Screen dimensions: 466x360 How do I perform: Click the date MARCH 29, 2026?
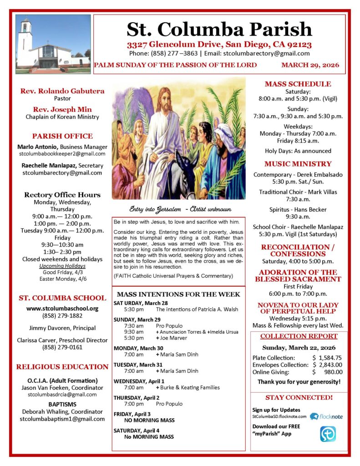310,65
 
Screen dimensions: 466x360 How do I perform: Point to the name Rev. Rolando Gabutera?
62,91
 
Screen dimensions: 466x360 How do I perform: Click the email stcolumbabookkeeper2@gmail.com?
62,155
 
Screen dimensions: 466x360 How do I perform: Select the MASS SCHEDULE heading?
298,84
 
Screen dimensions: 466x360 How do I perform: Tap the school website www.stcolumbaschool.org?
62,308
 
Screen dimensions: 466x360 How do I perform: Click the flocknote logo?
326,416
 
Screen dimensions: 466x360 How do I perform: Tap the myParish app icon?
328,434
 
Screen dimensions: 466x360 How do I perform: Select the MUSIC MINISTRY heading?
298,164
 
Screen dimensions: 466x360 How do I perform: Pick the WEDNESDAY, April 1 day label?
139,380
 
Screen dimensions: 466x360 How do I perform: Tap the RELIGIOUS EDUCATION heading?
62,367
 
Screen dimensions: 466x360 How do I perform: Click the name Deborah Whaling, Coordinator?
62,411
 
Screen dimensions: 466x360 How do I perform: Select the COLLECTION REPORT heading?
299,336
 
